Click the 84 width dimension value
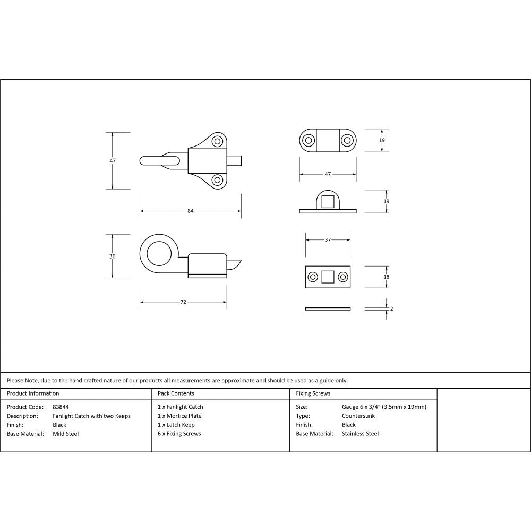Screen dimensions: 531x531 pyautogui.click(x=190, y=211)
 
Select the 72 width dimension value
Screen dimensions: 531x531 pyautogui.click(x=183, y=302)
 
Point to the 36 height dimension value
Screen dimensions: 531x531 pyautogui.click(x=112, y=256)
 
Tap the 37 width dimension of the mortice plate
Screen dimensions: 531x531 pyautogui.click(x=328, y=240)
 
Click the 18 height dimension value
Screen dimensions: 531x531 pyautogui.click(x=386, y=277)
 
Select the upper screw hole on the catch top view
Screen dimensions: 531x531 pyautogui.click(x=217, y=141)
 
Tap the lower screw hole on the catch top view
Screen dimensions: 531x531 pyautogui.click(x=217, y=180)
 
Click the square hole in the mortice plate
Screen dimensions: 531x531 pyautogui.click(x=328, y=277)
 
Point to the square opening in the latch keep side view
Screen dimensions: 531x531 pyautogui.click(x=328, y=202)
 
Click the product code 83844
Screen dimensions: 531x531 pyautogui.click(x=61, y=407)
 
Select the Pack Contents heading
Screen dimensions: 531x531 pyautogui.click(x=176, y=393)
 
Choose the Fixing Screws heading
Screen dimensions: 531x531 pyautogui.click(x=313, y=393)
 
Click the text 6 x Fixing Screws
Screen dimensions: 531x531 pyautogui.click(x=179, y=434)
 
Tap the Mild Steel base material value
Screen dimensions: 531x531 pyautogui.click(x=65, y=434)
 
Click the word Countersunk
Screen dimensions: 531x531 pyautogui.click(x=358, y=416)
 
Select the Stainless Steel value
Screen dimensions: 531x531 pyautogui.click(x=360, y=434)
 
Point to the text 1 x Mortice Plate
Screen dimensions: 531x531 pyautogui.click(x=179, y=416)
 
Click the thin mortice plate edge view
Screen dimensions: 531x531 pyautogui.click(x=328, y=309)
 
